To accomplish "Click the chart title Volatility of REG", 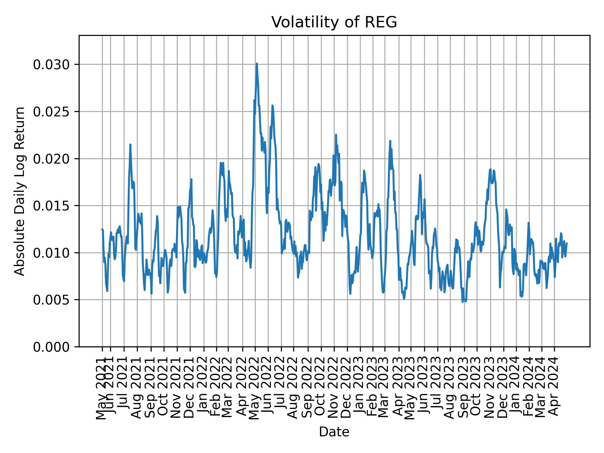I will pyautogui.click(x=334, y=22).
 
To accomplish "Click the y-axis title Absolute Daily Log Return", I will pyautogui.click(x=20, y=191).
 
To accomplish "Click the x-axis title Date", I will pyautogui.click(x=334, y=432).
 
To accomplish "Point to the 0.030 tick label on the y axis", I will pyautogui.click(x=51, y=64).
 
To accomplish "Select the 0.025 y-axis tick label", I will pyautogui.click(x=51, y=112).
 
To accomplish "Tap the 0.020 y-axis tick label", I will pyautogui.click(x=51, y=159).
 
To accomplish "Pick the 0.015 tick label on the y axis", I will pyautogui.click(x=51, y=206).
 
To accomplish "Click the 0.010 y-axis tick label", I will pyautogui.click(x=51, y=253).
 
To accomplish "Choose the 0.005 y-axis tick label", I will pyautogui.click(x=51, y=300).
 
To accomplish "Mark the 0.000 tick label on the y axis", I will pyautogui.click(x=51, y=347).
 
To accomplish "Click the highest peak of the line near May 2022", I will pyautogui.click(x=257, y=64).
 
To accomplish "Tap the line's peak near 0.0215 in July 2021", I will pyautogui.click(x=130, y=145).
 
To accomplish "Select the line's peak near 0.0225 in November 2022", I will pyautogui.click(x=336, y=135).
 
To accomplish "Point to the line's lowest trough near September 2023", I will pyautogui.click(x=462, y=302).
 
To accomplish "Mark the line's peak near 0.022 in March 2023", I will pyautogui.click(x=390, y=141).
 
